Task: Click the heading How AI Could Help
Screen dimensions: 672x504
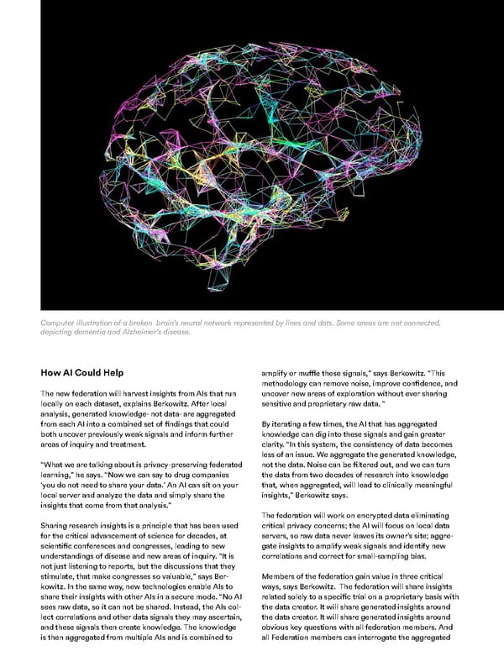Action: [x=90, y=372]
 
